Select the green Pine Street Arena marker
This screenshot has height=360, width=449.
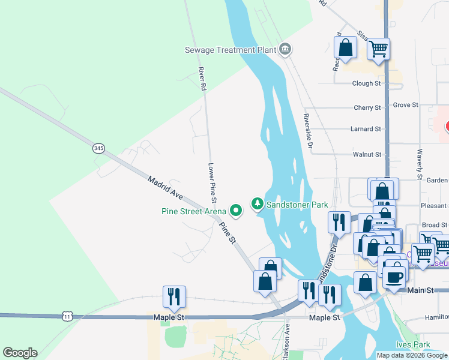coord(236,210)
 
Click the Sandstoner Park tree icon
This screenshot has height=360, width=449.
coord(258,205)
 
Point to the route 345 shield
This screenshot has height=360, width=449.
coord(99,148)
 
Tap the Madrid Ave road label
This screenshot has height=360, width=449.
coord(165,187)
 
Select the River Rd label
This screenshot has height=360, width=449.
coord(202,79)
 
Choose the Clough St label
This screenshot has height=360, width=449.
coord(367,84)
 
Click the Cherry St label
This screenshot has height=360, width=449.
coord(367,107)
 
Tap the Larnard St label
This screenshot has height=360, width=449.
coord(366,129)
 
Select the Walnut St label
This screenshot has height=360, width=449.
coord(367,154)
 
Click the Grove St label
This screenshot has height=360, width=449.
coord(405,105)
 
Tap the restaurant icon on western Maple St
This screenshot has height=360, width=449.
coord(174,296)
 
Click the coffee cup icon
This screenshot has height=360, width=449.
coord(394,277)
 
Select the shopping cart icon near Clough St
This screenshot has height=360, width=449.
coord(379,48)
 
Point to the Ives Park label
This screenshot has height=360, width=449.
coord(413,344)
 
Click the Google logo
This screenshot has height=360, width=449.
coord(20,353)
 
